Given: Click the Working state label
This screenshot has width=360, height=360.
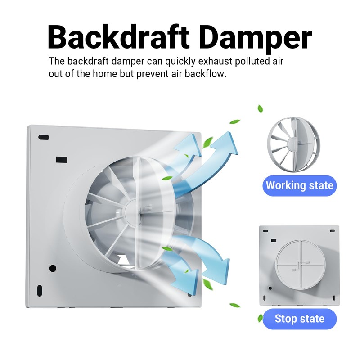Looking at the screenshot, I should pyautogui.click(x=300, y=185).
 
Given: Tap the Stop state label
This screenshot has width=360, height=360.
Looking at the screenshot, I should pyautogui.click(x=300, y=319).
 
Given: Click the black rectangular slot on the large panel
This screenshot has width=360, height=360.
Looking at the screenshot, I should pyautogui.click(x=61, y=159).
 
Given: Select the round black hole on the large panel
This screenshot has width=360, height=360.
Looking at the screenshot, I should pyautogui.click(x=53, y=268).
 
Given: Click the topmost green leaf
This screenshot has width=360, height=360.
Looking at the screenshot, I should pyautogui.click(x=260, y=109).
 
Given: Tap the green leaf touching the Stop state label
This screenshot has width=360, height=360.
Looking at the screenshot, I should pyautogui.click(x=260, y=318).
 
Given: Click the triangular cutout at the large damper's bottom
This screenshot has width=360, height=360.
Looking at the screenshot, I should pyautogui.click(x=123, y=258).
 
